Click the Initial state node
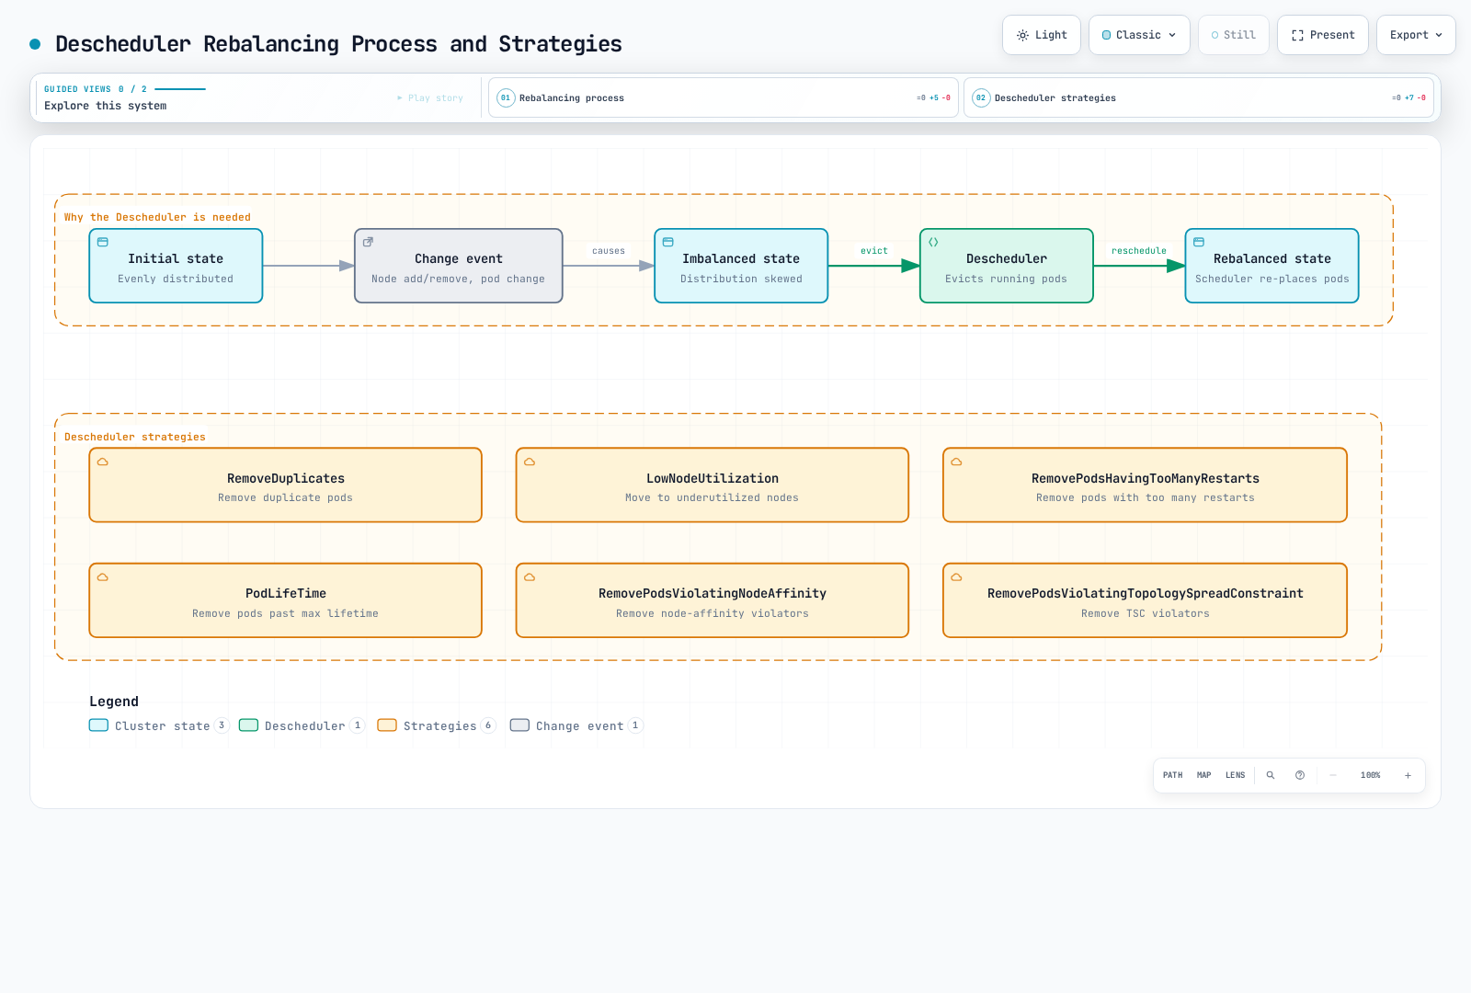176,266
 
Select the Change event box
459,266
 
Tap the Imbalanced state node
741,266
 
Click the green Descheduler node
1006,266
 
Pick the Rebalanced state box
1272,266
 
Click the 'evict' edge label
874,251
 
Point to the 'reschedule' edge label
1139,251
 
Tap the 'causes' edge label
609,251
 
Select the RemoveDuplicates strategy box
286,485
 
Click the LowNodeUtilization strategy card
713,485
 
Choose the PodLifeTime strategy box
286,600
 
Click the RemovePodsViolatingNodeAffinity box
713,600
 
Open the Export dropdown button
1416,35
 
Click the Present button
1323,35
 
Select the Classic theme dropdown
1139,35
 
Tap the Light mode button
1042,35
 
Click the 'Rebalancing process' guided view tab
723,97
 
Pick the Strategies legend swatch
387,725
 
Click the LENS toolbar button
1236,776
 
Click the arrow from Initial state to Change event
309,266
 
